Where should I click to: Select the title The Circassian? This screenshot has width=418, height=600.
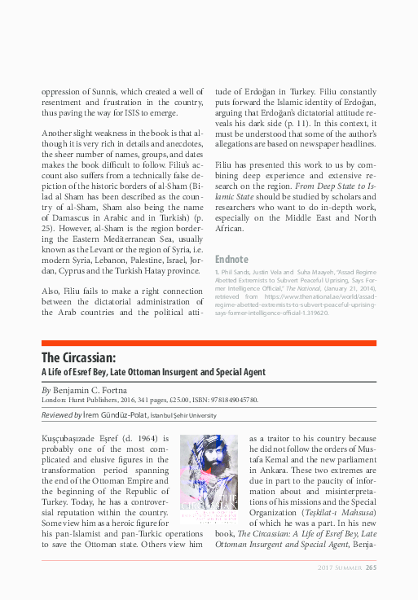pos(78,357)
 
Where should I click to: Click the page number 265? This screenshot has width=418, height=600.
pos(371,567)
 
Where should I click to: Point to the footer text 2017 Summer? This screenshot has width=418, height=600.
pos(338,567)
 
